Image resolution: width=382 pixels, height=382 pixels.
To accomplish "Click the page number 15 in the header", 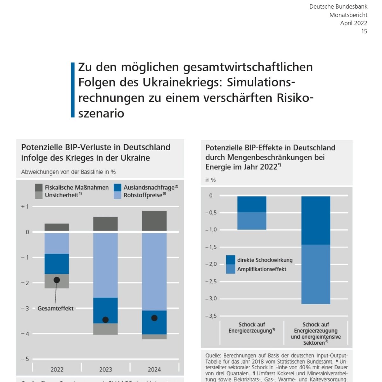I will click(x=364, y=31).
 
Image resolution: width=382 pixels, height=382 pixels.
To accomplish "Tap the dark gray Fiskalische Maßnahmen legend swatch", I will click(x=39, y=187).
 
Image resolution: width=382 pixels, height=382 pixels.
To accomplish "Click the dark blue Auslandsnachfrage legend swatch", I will click(x=117, y=187).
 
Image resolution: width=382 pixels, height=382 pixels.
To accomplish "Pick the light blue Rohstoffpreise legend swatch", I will click(x=117, y=195).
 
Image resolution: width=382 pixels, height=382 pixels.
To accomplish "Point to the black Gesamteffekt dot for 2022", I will click(x=57, y=280).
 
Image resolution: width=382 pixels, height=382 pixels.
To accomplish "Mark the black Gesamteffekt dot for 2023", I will click(x=105, y=320).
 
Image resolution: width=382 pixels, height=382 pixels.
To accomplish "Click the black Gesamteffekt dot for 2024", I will click(x=154, y=318).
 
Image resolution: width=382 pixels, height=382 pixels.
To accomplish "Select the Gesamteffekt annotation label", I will click(x=55, y=308).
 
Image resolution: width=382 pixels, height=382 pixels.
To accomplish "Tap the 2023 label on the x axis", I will click(x=105, y=369).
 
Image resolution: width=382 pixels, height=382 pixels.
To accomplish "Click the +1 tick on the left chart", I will click(x=25, y=207).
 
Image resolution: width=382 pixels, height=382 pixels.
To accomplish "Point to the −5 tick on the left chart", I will click(x=25, y=359).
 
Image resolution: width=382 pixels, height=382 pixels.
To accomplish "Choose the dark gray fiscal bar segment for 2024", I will click(x=154, y=221).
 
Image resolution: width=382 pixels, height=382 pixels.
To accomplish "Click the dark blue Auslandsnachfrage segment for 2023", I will click(x=105, y=310).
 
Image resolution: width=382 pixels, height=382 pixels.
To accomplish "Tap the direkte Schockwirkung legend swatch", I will click(x=230, y=260).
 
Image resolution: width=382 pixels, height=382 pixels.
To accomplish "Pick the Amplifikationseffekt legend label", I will click(x=262, y=269).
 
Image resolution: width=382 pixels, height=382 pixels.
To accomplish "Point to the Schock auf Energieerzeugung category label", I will click(x=251, y=328).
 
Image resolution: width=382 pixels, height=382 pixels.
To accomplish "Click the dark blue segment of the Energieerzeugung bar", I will click(x=252, y=204).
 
